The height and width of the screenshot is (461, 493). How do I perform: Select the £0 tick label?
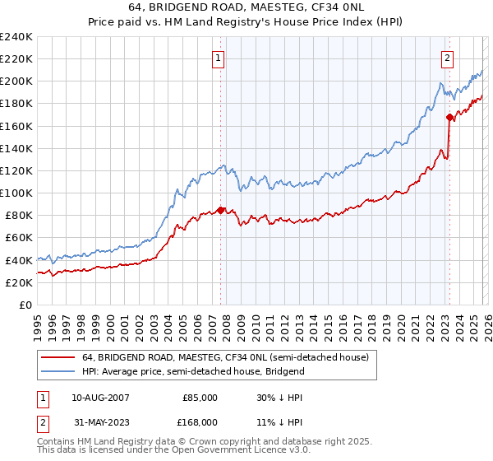[25, 305]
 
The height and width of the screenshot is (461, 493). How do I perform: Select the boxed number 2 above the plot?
[448, 58]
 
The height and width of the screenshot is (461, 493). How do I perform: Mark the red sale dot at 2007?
[220, 209]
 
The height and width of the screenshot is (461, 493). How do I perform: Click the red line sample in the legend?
[58, 358]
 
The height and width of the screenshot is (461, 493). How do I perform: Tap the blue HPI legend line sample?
[58, 371]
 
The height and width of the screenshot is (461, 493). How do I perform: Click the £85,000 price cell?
[200, 398]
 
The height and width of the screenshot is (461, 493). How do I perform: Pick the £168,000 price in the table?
[200, 422]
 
